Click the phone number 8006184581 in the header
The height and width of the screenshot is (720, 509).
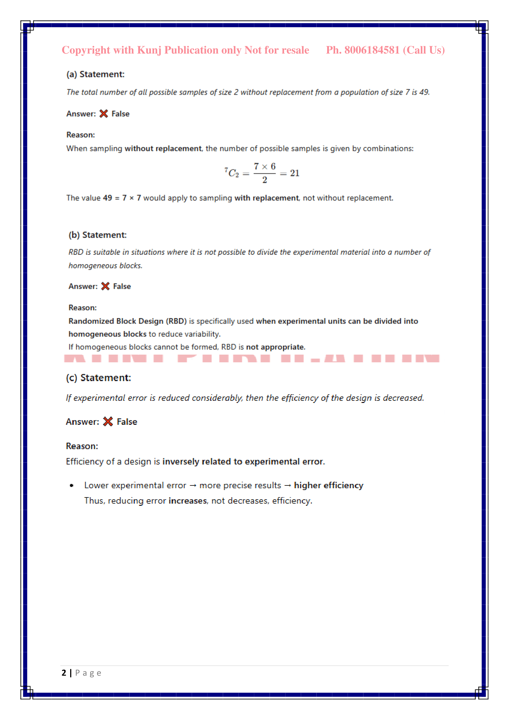pyautogui.click(x=372, y=50)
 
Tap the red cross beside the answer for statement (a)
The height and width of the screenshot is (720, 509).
pyautogui.click(x=104, y=114)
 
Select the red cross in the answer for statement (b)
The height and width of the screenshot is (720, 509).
pyautogui.click(x=105, y=286)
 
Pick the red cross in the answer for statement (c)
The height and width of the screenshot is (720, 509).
pyautogui.click(x=108, y=421)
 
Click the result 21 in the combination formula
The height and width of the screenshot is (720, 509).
pyautogui.click(x=295, y=173)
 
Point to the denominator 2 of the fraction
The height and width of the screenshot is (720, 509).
pyautogui.click(x=265, y=180)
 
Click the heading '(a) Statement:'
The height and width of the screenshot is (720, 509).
pyautogui.click(x=95, y=74)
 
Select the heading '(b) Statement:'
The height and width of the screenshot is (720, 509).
pyautogui.click(x=98, y=235)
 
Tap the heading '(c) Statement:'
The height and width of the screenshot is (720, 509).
pyautogui.click(x=98, y=378)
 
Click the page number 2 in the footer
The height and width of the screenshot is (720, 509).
pyautogui.click(x=64, y=673)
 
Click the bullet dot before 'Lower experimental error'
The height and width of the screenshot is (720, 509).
pyautogui.click(x=72, y=485)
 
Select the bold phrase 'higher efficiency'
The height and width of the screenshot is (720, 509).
pyautogui.click(x=328, y=485)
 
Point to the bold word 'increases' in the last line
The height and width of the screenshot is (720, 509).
pyautogui.click(x=187, y=501)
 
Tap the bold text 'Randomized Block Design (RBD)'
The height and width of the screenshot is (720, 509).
pyautogui.click(x=128, y=321)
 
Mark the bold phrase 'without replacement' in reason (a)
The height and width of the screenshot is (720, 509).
pyautogui.click(x=163, y=148)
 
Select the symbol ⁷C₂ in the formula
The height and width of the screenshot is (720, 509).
pyautogui.click(x=232, y=172)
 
